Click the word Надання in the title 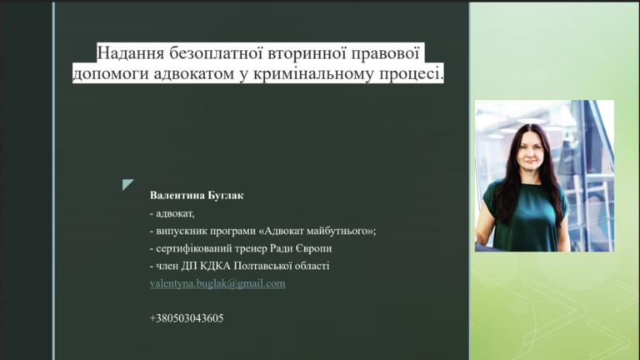(x=131, y=53)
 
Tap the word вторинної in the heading (x=307, y=53)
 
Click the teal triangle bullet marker (x=127, y=184)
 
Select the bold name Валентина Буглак (x=197, y=196)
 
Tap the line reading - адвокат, (x=172, y=213)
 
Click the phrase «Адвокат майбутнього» (x=316, y=231)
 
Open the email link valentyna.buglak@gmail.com (x=217, y=283)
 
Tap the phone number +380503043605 (x=187, y=318)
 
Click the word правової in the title (x=386, y=53)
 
